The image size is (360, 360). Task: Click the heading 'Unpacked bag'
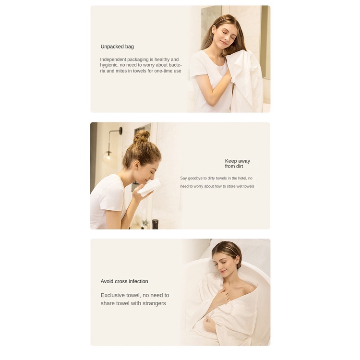pos(117,47)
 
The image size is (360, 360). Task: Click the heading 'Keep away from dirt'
pos(238,164)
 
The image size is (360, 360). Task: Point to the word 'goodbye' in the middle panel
pos(199,178)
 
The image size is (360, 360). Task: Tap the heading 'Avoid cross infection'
pos(124,281)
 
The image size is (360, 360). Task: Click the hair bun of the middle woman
pos(142,136)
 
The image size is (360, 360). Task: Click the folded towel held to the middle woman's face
pos(151,187)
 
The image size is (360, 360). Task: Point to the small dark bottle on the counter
pos(155,224)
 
